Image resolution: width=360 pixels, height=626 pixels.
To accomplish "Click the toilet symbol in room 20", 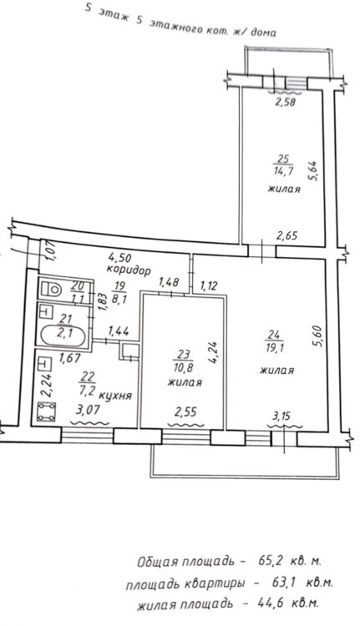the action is [x=52, y=289].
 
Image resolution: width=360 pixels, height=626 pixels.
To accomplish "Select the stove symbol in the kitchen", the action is [x=46, y=411].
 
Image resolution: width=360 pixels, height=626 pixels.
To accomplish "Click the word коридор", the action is [x=129, y=270].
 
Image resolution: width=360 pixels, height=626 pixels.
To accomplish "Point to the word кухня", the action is [x=115, y=396].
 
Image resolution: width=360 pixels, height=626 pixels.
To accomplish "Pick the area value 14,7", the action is [x=283, y=172].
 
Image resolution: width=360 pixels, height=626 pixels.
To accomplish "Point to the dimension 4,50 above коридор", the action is [x=119, y=257].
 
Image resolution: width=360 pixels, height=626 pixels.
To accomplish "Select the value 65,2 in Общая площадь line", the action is [x=271, y=561].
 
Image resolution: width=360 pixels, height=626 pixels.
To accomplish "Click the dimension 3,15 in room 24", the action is [x=281, y=416].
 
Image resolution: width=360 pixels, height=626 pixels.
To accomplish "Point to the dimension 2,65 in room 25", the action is [x=286, y=235].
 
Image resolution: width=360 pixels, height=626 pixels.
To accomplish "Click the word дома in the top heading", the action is [x=263, y=33].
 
